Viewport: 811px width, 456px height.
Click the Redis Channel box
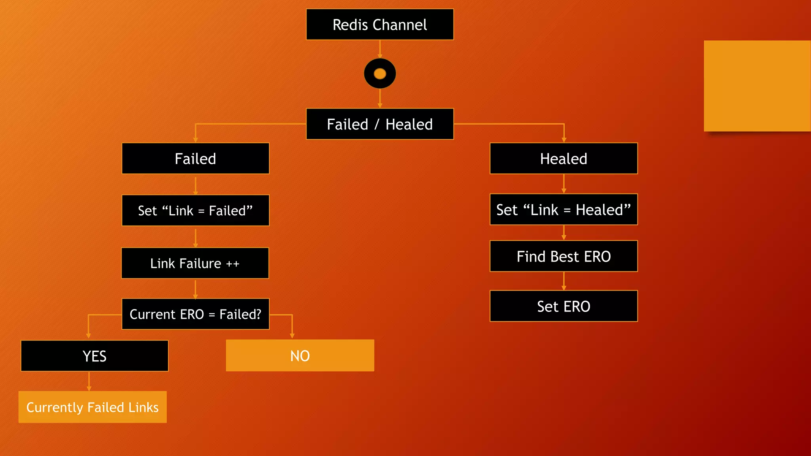point(379,25)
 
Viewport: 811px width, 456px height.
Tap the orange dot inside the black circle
point(380,74)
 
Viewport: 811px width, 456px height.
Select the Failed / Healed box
point(379,124)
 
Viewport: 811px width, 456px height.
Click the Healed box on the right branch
point(563,158)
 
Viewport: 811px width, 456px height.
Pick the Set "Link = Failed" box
point(195,210)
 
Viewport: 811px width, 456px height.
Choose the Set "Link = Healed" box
point(563,209)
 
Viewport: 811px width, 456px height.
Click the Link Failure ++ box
point(195,263)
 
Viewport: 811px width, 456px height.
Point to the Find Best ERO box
point(563,256)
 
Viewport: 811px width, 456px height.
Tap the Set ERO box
point(563,306)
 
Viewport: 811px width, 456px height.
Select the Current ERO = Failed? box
point(195,314)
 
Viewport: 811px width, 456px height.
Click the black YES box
point(94,356)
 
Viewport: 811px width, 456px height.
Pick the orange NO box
point(300,355)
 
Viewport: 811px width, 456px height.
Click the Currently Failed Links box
point(92,407)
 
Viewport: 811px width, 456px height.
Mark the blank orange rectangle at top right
point(757,86)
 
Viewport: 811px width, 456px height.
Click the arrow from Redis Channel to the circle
point(380,49)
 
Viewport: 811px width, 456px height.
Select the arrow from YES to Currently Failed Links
point(89,381)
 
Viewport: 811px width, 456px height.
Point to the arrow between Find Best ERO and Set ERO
point(564,281)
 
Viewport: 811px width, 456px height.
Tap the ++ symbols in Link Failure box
point(232,264)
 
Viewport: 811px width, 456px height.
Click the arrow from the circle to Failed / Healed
point(380,98)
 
